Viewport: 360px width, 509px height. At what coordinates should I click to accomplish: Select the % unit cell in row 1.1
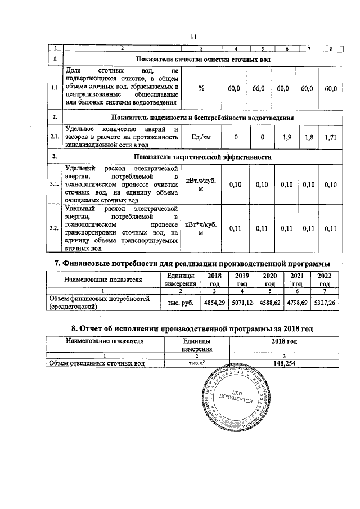click(201, 88)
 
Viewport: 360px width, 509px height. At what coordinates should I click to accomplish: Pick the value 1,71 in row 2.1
click(331, 137)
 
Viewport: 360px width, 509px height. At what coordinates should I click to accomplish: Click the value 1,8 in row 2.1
click(307, 137)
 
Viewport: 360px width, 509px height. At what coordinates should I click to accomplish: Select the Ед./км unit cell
click(201, 137)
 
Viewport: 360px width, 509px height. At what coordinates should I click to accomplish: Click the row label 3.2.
click(55, 228)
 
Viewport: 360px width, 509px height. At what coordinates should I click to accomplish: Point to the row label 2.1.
click(55, 137)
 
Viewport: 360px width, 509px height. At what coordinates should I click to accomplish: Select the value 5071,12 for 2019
click(242, 303)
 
